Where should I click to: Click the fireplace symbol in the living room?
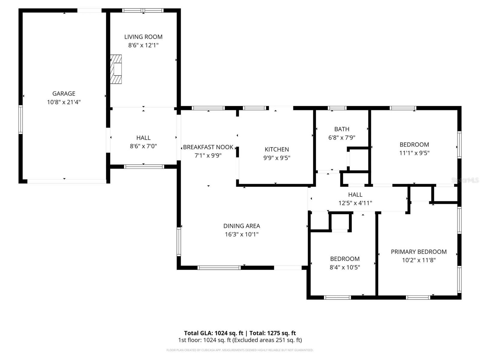click(116, 69)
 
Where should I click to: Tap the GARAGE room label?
click(64, 94)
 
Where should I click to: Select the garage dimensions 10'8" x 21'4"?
click(64, 102)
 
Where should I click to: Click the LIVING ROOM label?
click(143, 37)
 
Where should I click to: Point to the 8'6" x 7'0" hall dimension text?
click(143, 146)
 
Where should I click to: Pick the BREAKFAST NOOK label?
click(208, 147)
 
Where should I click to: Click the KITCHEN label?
click(277, 149)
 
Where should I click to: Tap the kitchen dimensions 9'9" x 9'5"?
click(277, 158)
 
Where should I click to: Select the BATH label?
click(342, 129)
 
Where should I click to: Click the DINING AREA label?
click(241, 226)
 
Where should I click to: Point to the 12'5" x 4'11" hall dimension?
click(355, 203)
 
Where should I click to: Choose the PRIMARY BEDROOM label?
click(418, 252)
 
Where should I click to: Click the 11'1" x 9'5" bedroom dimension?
click(414, 153)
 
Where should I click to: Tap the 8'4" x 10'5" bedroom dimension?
click(345, 267)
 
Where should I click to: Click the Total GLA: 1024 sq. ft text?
click(213, 333)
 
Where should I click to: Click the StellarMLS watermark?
click(465, 180)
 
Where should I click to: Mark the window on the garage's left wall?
click(20, 119)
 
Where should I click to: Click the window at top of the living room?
click(143, 10)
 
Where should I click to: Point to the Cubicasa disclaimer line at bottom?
click(240, 350)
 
